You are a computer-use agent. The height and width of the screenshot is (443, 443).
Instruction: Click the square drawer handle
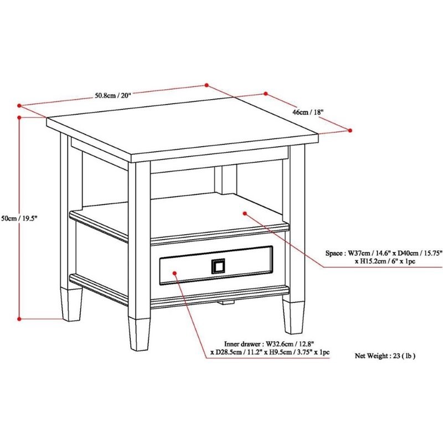(x=218, y=266)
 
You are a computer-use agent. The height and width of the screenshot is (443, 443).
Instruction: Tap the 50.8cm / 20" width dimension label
(x=113, y=95)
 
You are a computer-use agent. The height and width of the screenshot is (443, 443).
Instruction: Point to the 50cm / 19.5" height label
(x=19, y=218)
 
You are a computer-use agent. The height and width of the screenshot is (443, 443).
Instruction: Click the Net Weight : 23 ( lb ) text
(x=385, y=356)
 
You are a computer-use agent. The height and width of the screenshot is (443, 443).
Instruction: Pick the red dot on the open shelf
(x=245, y=213)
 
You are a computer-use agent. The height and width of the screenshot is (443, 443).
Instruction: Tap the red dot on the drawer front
(x=174, y=273)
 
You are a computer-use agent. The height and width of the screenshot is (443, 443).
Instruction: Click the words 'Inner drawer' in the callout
(x=243, y=344)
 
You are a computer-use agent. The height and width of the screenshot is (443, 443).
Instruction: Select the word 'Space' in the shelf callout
(x=334, y=253)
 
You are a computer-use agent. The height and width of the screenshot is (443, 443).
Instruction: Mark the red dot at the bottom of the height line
(x=19, y=319)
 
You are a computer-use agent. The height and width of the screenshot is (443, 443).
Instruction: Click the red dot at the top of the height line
(x=19, y=117)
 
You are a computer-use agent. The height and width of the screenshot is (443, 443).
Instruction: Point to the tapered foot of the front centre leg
(x=139, y=334)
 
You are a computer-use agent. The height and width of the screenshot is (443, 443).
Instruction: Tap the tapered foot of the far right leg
(x=294, y=317)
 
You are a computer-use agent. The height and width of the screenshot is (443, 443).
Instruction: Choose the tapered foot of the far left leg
(x=71, y=304)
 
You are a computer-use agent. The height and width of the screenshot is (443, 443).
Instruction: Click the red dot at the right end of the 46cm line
(x=350, y=131)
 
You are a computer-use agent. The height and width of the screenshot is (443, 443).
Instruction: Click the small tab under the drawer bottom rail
(x=227, y=302)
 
